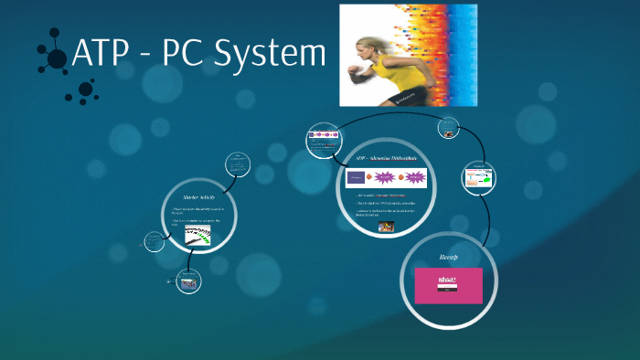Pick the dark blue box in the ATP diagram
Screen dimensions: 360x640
356,177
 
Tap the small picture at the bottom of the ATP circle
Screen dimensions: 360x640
387,227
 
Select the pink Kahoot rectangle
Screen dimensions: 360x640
448,285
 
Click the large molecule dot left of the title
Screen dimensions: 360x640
57,59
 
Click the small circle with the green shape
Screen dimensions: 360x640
479,177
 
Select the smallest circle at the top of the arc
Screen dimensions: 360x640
449,129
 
